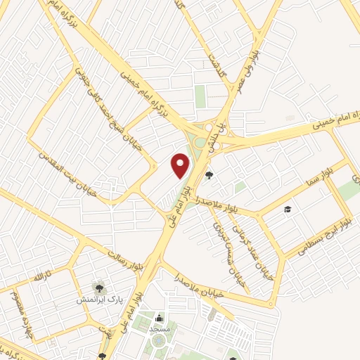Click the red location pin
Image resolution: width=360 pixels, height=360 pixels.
click(x=181, y=165)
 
